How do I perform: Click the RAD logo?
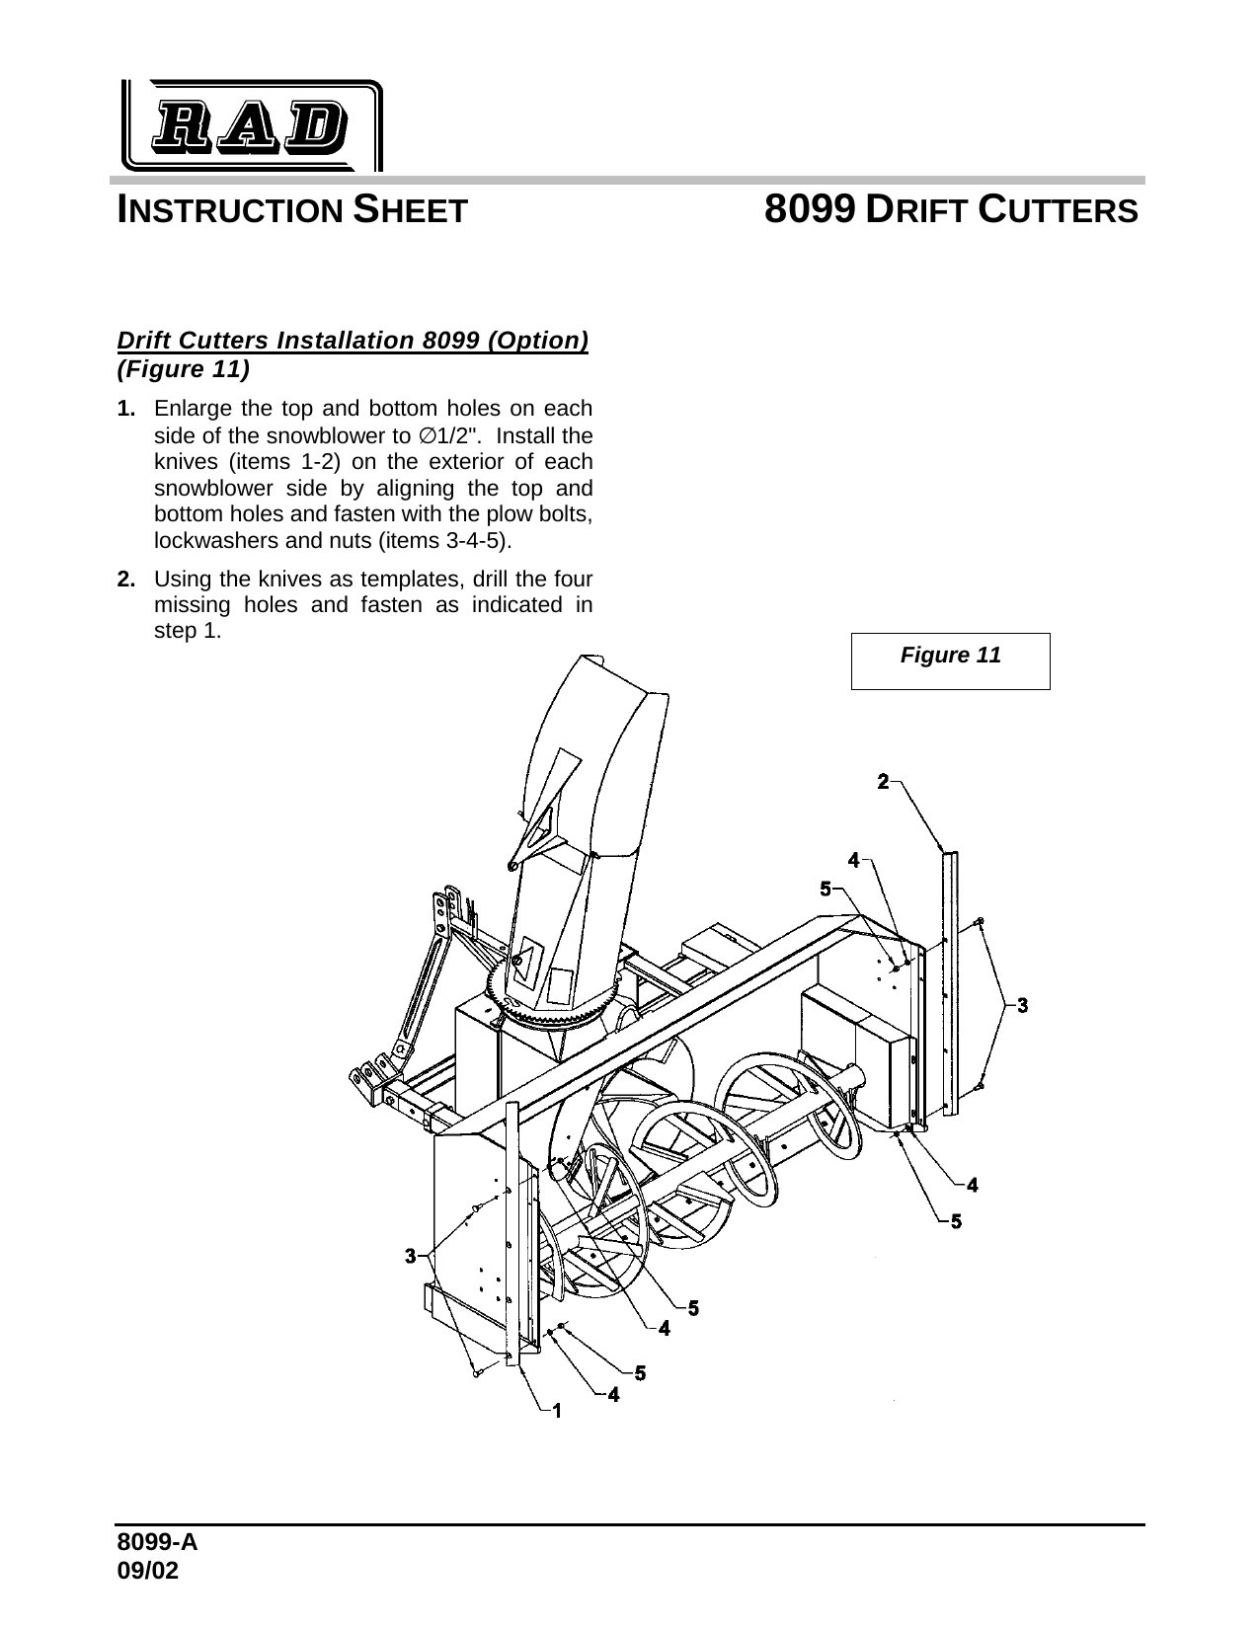click(252, 125)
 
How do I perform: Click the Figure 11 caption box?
click(950, 659)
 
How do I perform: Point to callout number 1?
click(557, 1411)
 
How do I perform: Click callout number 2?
click(884, 782)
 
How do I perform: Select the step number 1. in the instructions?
click(125, 409)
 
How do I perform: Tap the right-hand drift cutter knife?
click(950, 982)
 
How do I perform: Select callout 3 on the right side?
click(1022, 1005)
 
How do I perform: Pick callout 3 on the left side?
click(411, 1256)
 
